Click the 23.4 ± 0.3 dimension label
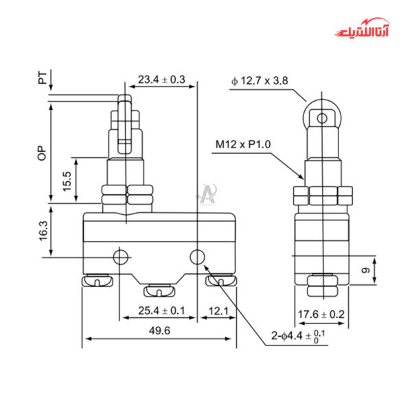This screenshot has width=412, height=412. (161, 80)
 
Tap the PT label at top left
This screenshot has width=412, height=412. (43, 81)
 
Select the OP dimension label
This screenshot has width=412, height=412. (42, 154)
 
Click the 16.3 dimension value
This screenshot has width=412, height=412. (43, 231)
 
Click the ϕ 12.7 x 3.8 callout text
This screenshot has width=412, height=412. (260, 81)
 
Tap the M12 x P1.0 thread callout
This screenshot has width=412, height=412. (242, 144)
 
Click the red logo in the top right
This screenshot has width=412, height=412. (365, 32)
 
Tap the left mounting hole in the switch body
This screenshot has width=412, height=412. (121, 257)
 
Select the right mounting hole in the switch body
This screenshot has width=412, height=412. (197, 257)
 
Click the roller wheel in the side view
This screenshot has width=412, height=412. (320, 117)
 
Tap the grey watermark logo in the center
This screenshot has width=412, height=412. (206, 195)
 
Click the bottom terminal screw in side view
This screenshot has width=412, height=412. (320, 286)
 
